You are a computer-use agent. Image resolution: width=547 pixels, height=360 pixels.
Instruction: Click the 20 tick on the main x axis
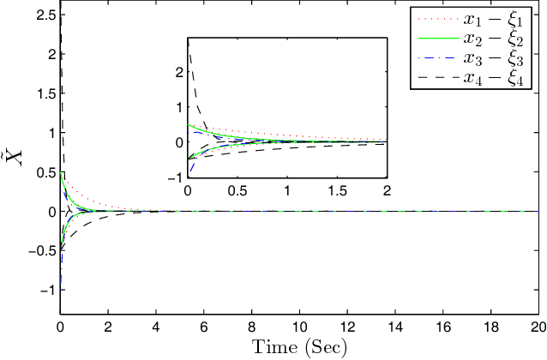click(x=538, y=327)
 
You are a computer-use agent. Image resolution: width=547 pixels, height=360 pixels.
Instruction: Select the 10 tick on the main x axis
click(x=299, y=327)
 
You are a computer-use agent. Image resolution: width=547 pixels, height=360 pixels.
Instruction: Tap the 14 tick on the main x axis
click(x=394, y=327)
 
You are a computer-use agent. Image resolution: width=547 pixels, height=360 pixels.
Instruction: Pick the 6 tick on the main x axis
click(x=203, y=327)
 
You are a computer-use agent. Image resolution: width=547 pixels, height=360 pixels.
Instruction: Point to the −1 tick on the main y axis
click(x=44, y=291)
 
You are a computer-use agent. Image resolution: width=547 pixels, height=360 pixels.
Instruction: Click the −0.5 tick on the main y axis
click(x=39, y=251)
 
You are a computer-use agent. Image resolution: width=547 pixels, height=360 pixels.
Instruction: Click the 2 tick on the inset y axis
click(x=178, y=72)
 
